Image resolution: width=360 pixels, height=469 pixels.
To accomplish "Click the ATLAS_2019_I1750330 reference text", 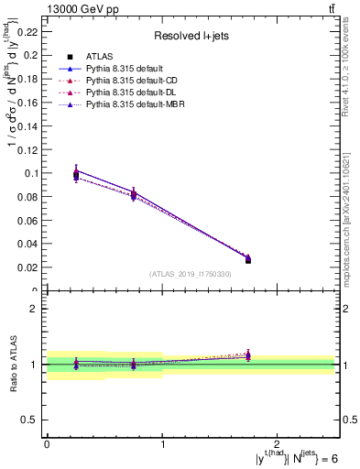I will tap(191, 274).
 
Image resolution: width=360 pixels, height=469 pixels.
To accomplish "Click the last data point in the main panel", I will tap(248, 260).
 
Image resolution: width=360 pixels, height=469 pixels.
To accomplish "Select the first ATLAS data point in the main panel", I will tap(76, 174).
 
